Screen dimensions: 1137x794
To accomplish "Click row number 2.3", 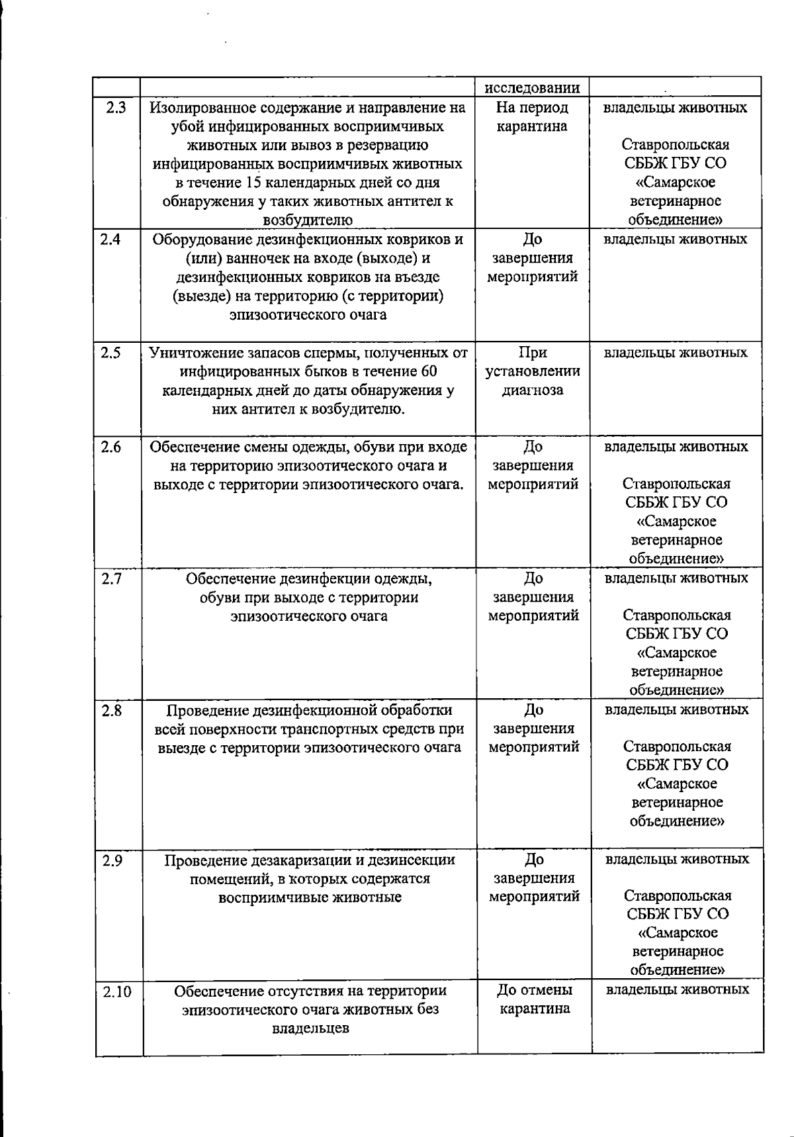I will [116, 107].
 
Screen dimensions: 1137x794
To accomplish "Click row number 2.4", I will [110, 239].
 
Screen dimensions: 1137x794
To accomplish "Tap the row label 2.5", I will [110, 353].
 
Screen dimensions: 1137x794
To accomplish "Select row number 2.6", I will [111, 447].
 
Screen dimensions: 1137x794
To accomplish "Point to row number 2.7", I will [112, 578].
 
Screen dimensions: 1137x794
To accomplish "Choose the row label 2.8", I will [112, 710].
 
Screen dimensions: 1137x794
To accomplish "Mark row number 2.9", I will [112, 860].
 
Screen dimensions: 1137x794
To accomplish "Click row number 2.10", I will [117, 991].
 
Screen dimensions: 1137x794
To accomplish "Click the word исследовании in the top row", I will [533, 88].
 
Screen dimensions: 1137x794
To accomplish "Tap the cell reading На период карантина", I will [533, 116].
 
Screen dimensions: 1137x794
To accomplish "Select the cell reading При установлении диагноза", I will [533, 371].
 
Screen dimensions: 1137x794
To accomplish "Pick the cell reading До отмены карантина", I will [535, 999].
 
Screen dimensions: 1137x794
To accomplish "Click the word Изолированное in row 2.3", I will [202, 107].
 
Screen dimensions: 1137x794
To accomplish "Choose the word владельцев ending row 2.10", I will [310, 1028].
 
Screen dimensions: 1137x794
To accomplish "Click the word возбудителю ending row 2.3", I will [308, 220].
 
